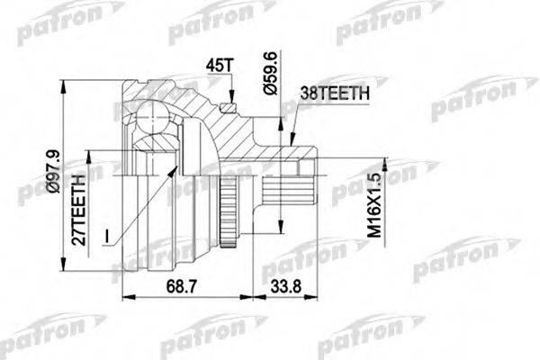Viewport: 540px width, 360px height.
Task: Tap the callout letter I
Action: [x=107, y=236]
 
